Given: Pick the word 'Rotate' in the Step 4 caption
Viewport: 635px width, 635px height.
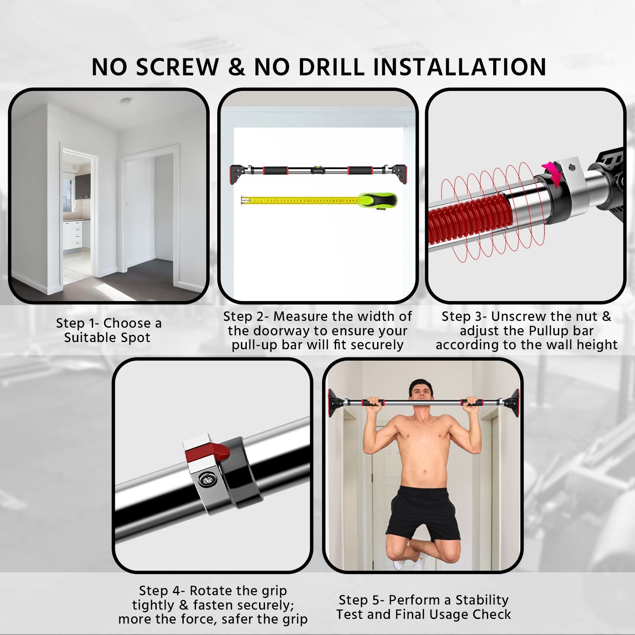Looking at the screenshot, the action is point(210,591).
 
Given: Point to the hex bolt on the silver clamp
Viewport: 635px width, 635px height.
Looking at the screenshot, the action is point(207,479).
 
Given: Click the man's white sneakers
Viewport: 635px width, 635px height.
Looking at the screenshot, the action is point(409,563).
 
